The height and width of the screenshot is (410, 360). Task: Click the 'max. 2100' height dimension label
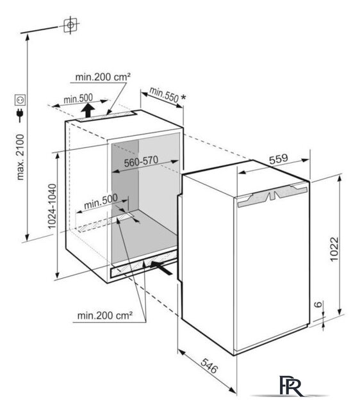tap(20, 157)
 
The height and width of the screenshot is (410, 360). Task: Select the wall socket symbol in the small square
tap(20, 100)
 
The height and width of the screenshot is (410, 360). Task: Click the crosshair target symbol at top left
tap(70, 25)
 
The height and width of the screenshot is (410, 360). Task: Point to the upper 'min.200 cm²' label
tap(102, 77)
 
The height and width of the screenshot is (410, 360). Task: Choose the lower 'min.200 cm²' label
tap(105, 316)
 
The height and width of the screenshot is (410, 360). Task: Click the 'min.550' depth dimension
tap(164, 95)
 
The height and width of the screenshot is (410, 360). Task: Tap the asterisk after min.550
tap(184, 97)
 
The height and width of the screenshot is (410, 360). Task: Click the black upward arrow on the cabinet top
tap(88, 110)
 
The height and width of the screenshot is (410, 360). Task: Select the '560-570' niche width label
tap(141, 161)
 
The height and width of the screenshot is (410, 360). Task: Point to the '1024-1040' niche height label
tap(53, 206)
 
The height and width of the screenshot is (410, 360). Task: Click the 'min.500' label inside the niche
tap(101, 201)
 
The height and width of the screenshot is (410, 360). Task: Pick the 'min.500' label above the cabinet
tap(78, 99)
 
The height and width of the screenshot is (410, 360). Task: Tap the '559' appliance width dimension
tap(279, 159)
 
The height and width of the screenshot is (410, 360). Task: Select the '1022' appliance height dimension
tap(334, 249)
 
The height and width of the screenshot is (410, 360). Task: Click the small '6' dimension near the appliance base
tap(318, 304)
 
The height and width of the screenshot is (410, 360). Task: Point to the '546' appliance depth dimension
tap(209, 366)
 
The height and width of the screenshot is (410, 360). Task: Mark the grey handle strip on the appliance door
tap(272, 196)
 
